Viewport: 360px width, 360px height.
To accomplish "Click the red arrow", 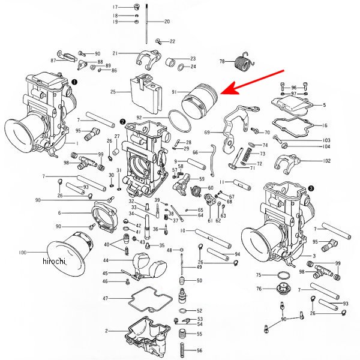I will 253,82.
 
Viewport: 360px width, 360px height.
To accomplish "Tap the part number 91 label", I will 173,92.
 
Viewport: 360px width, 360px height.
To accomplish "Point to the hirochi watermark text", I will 55,262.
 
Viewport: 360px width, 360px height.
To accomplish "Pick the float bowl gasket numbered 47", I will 142,299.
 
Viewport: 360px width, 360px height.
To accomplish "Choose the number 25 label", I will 113,92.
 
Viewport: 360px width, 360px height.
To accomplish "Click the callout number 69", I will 207,132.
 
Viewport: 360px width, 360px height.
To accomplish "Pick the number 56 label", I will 200,350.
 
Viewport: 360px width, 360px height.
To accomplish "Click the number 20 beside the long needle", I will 167,22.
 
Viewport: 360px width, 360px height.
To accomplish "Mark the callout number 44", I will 106,260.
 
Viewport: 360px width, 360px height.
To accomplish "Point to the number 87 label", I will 53,61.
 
